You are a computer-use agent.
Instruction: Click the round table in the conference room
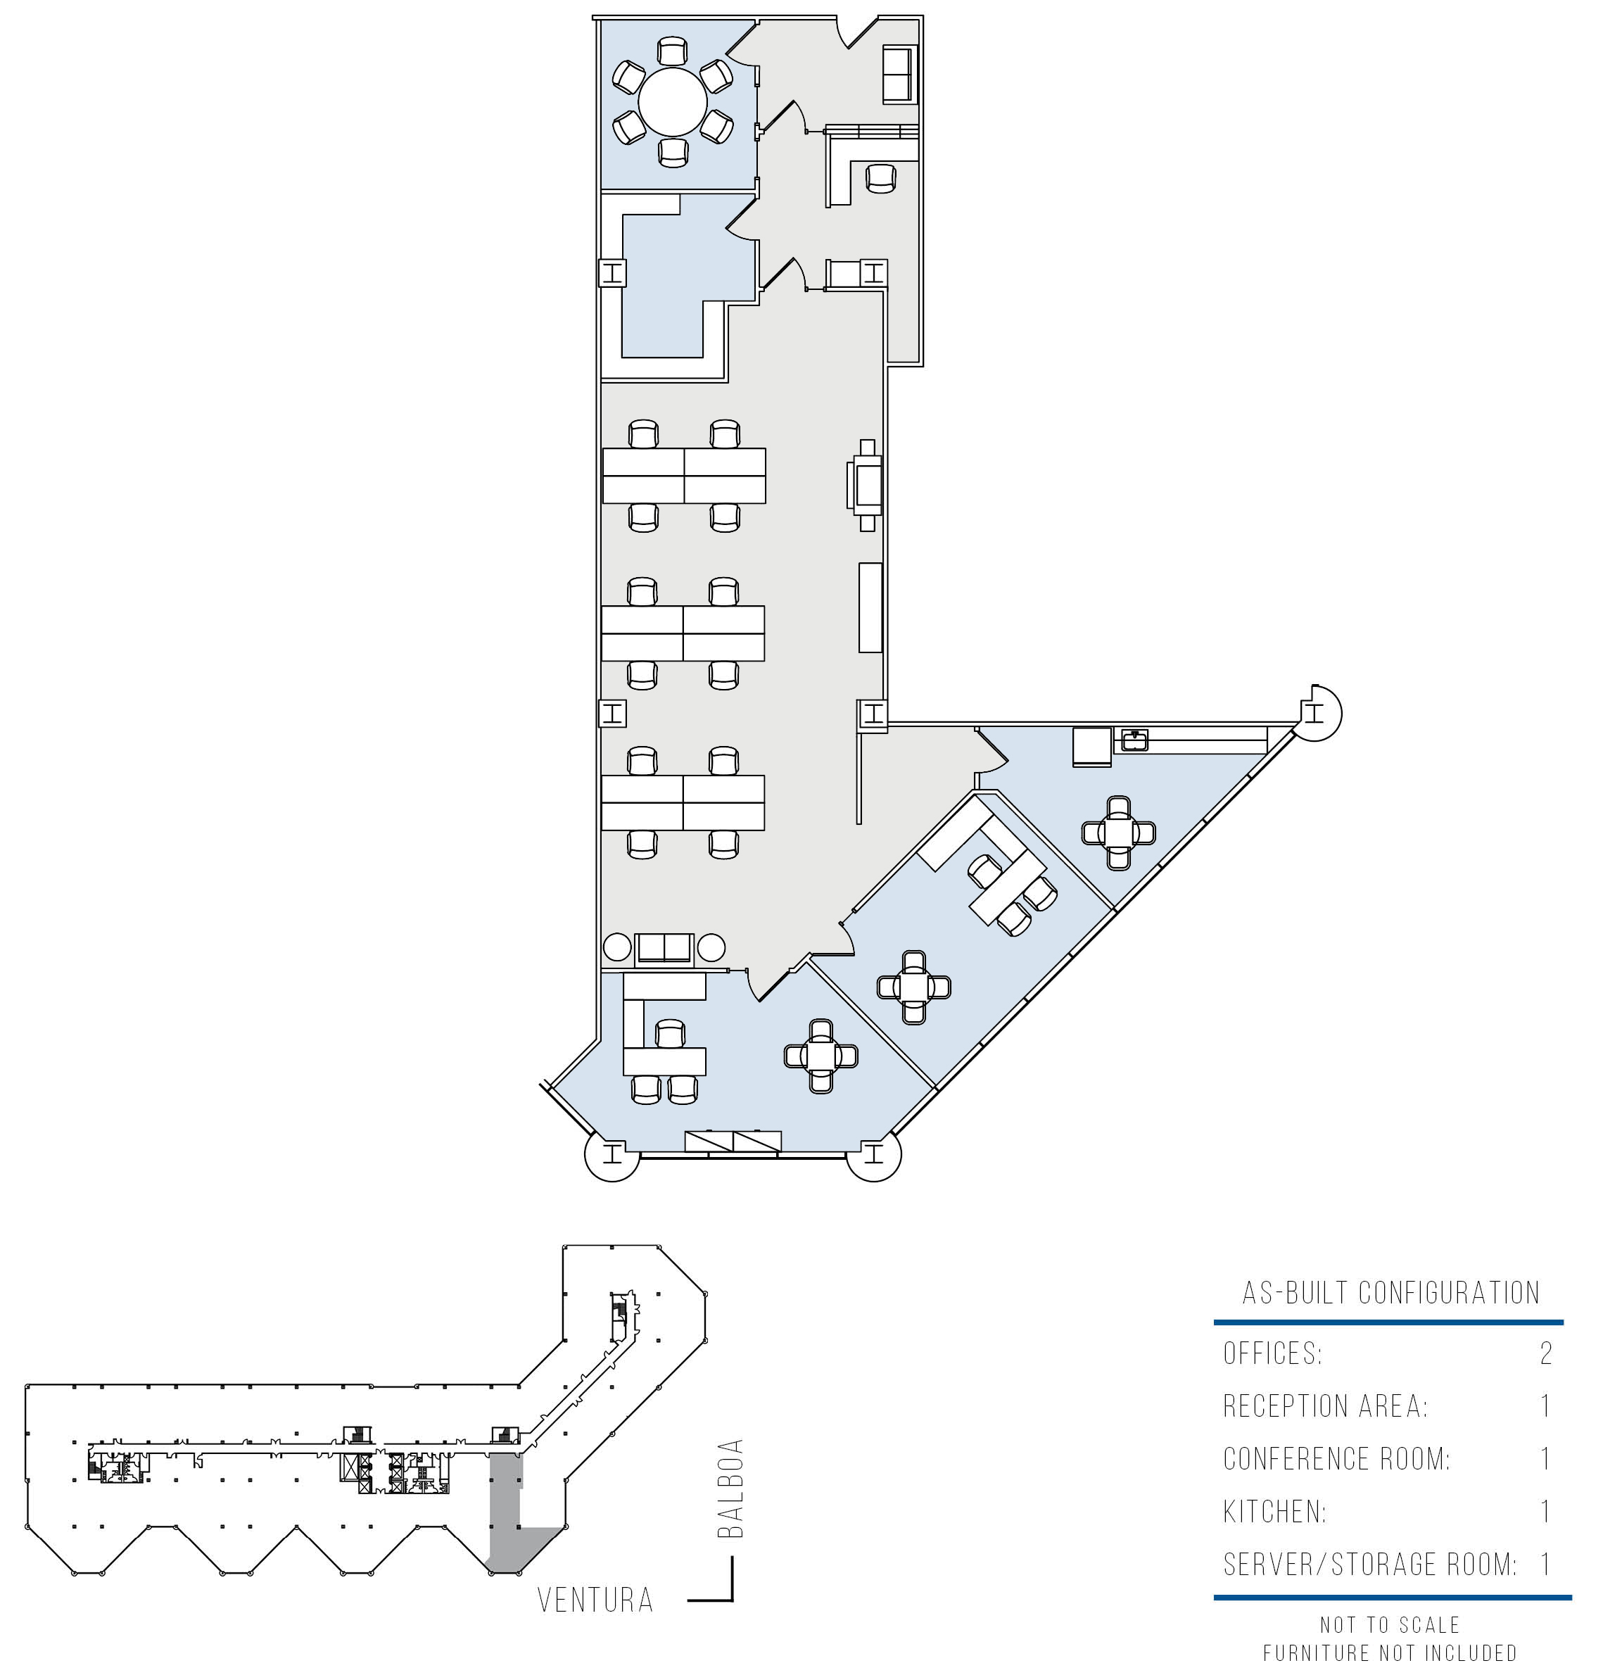pos(673,101)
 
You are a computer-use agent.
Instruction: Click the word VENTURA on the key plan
pos(595,1600)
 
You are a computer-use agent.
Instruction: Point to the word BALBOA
pos(730,1489)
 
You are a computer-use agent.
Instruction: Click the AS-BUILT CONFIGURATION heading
pos(1390,1293)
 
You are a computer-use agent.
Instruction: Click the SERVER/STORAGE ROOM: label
pos(1369,1565)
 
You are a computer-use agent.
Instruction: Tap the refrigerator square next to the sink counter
pos(1092,746)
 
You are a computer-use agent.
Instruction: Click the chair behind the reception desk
pos(881,179)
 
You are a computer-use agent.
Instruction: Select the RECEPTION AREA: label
pos(1325,1407)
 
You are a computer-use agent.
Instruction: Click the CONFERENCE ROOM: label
pos(1336,1459)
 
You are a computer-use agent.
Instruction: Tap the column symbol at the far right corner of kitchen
pos(1316,712)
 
